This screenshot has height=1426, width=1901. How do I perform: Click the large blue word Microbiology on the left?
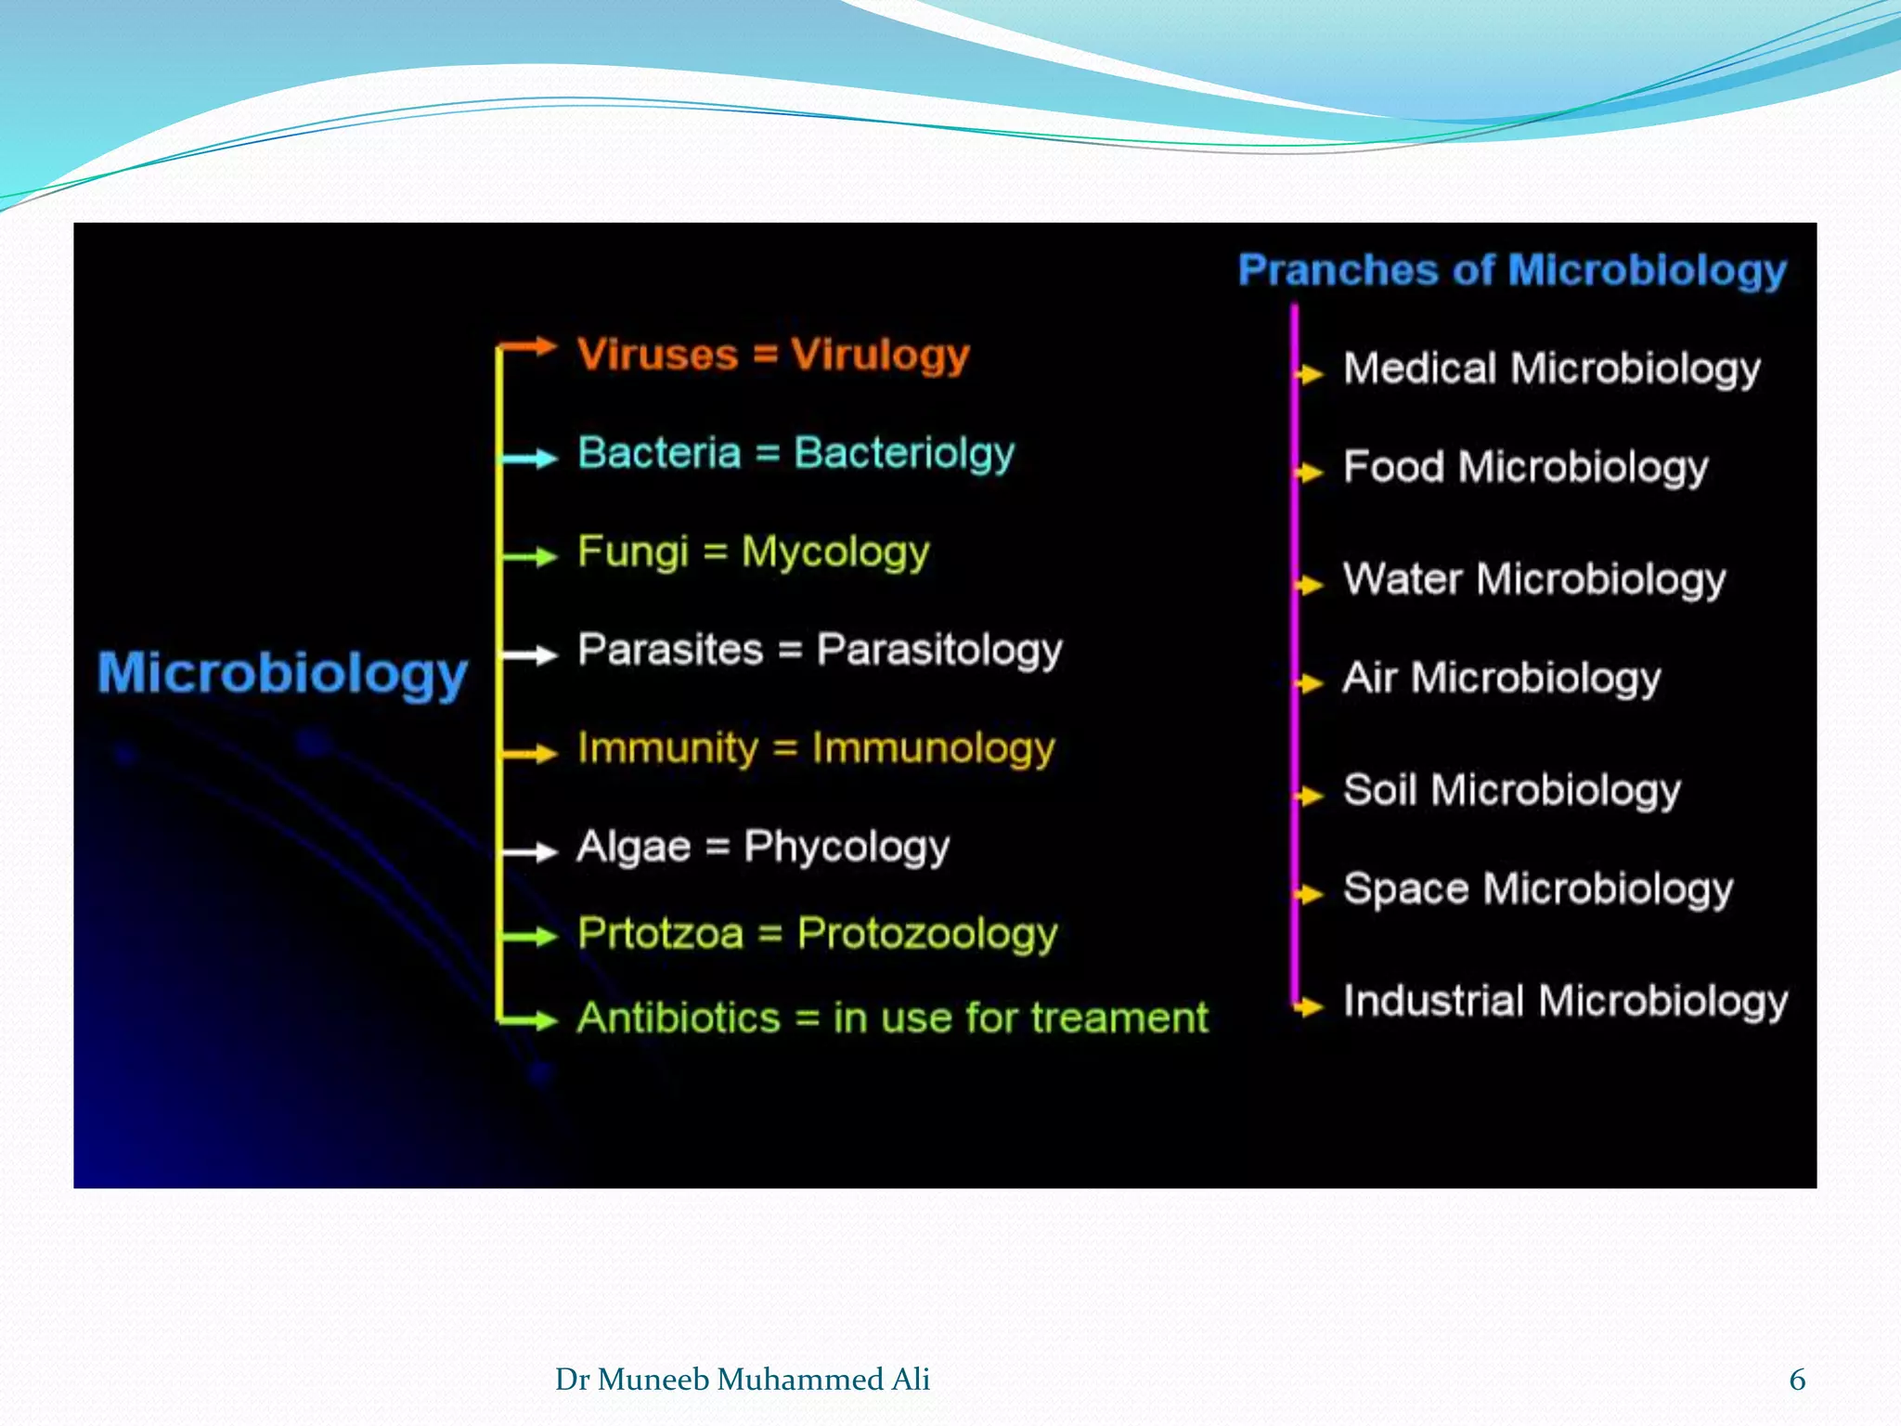point(282,673)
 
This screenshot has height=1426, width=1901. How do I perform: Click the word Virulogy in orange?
point(879,355)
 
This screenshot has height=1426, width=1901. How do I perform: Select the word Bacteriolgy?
point(904,453)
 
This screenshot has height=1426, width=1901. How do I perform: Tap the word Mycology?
point(834,552)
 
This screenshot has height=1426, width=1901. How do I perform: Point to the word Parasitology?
point(938,650)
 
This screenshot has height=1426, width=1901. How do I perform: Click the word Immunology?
point(933,748)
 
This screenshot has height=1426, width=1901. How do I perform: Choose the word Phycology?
point(847,847)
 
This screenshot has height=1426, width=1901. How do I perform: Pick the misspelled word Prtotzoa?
point(660,933)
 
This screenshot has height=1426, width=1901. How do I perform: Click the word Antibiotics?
point(679,1018)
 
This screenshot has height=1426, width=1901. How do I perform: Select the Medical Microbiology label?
point(1551,369)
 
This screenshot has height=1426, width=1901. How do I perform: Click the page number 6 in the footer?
point(1797,1380)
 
